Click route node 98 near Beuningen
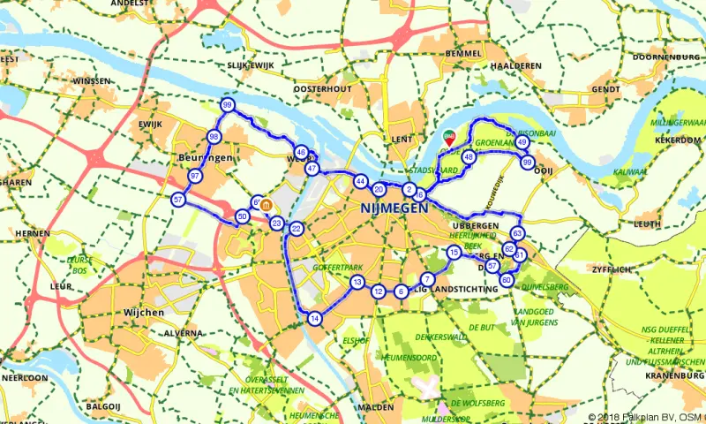(214, 137)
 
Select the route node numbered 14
(314, 319)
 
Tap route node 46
(301, 152)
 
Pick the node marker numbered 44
(360, 181)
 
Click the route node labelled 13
(357, 283)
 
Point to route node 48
(469, 157)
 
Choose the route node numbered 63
(517, 233)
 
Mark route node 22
(297, 229)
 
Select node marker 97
(194, 177)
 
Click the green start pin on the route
(448, 138)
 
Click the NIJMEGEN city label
(394, 208)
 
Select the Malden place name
(376, 407)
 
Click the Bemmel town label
(463, 55)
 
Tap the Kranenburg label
(672, 375)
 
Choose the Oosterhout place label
(322, 89)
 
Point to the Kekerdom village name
(678, 140)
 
